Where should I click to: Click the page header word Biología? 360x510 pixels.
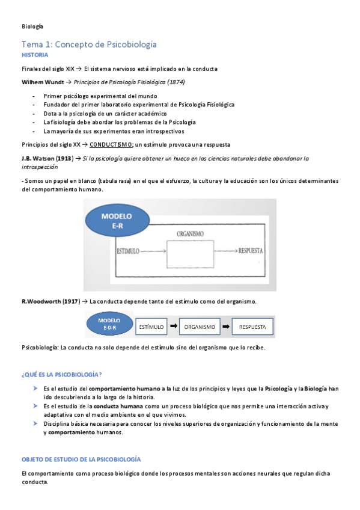click(x=32, y=26)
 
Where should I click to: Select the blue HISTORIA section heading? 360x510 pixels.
click(x=35, y=55)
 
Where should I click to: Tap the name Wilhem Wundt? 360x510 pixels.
click(x=41, y=82)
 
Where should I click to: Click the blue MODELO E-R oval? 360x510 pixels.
click(x=117, y=220)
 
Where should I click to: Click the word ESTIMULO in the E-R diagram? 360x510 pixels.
click(x=128, y=250)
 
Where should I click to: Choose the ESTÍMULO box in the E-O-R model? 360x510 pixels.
click(x=151, y=327)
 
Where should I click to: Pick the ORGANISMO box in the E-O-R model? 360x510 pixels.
click(x=200, y=327)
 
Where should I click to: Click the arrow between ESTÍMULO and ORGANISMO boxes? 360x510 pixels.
click(x=173, y=326)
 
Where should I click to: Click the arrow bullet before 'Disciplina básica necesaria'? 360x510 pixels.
click(x=36, y=423)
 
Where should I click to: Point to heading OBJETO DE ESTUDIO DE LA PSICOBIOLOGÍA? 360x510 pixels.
click(x=81, y=459)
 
